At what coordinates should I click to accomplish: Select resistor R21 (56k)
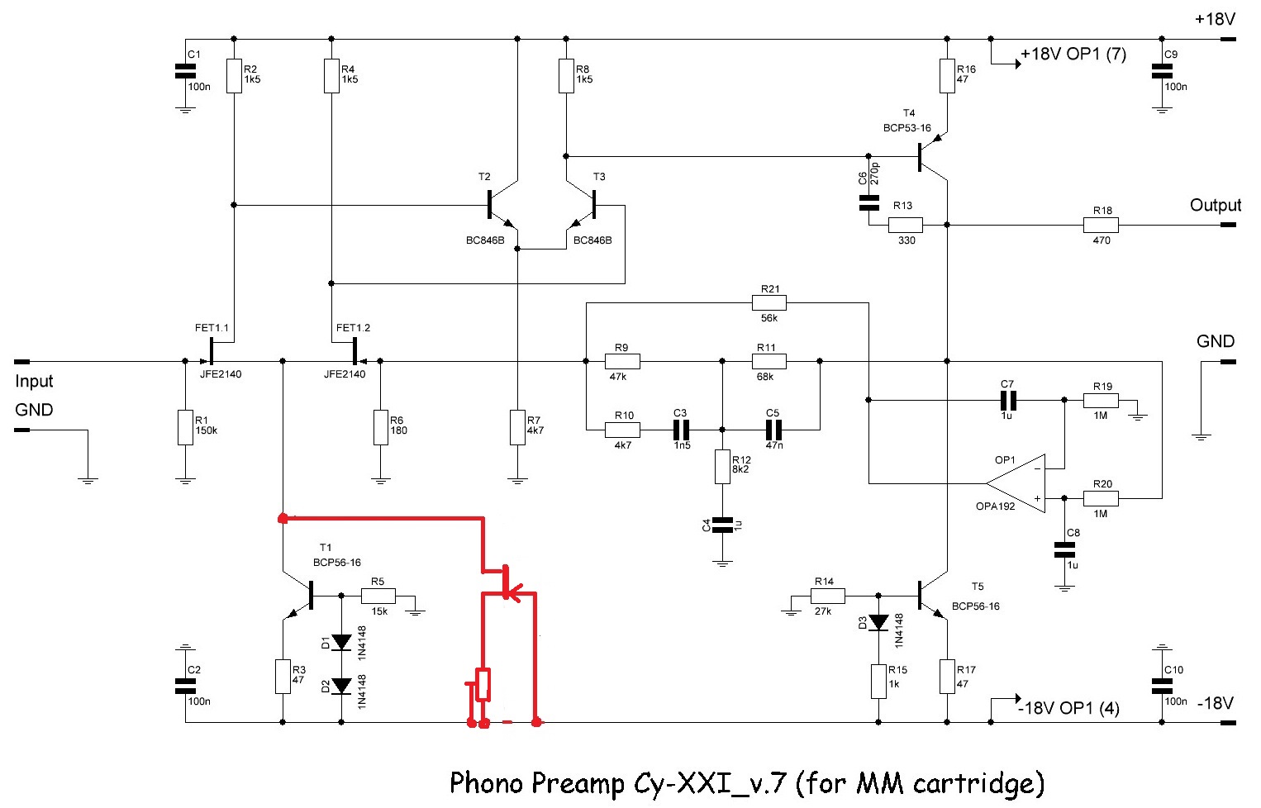pos(768,303)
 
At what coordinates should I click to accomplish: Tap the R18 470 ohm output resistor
pos(1101,225)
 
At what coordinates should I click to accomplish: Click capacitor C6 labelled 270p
pos(868,202)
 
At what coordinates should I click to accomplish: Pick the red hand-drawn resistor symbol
pos(483,684)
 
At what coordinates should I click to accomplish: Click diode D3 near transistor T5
pos(878,622)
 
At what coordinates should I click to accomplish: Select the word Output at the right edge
pos(1215,205)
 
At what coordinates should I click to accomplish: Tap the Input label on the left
pos(34,381)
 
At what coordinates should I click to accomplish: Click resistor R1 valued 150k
pos(185,428)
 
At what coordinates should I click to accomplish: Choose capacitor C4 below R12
pos(722,525)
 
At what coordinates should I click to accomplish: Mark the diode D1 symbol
pos(341,641)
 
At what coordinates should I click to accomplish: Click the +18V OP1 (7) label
pos(1073,55)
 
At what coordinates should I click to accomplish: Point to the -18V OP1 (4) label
pos(1068,708)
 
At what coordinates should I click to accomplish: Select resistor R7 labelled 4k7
pos(517,427)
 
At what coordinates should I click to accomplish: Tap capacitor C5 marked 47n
pos(773,430)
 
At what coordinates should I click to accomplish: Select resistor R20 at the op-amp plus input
pos(1101,498)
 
